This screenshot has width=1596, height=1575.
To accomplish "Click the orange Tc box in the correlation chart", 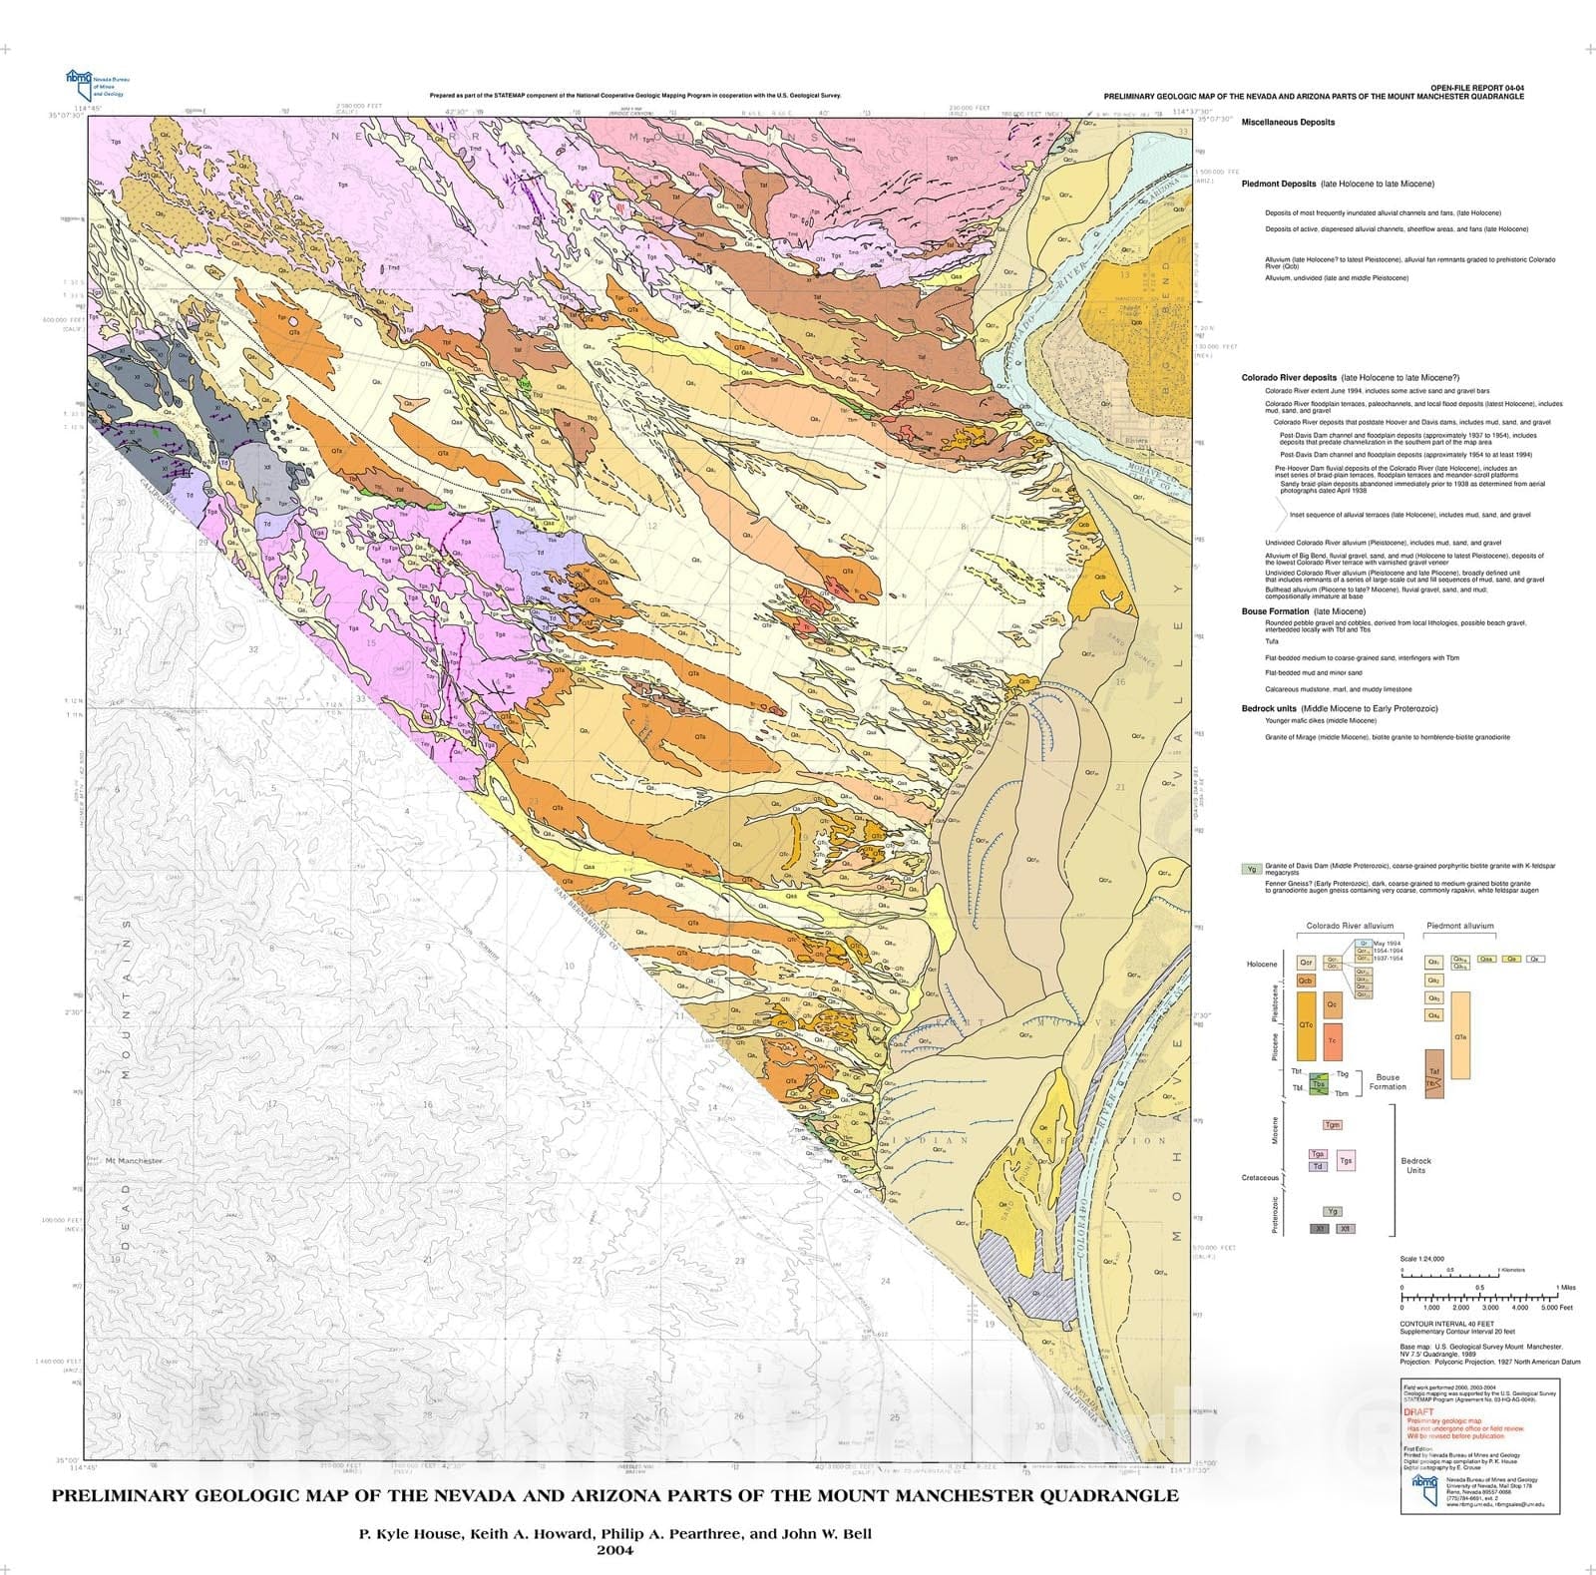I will click(1333, 1040).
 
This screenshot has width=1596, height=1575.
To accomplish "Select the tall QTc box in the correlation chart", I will click(1305, 1025).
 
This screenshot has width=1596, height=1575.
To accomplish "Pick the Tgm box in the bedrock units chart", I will click(1333, 1125).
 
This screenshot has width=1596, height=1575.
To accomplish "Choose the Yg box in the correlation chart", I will click(1333, 1211).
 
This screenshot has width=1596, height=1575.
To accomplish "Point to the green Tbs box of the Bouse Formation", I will click(1319, 1084).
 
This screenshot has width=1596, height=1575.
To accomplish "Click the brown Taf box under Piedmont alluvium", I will click(1434, 1072).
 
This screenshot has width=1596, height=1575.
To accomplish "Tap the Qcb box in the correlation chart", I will click(1305, 981).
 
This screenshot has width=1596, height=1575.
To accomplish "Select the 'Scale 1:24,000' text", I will click(1422, 1259).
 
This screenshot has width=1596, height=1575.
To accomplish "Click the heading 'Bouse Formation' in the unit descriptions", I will click(1275, 611).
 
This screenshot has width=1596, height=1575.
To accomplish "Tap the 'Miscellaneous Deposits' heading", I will click(1288, 123).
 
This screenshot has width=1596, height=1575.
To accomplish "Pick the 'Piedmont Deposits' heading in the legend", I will click(1278, 185).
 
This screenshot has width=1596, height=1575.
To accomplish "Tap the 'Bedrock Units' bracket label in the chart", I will click(1415, 1165).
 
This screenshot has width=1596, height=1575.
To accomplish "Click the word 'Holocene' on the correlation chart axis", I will click(1262, 965).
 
